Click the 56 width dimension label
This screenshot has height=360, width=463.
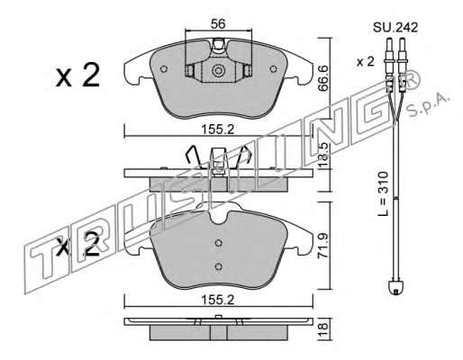coord(218,23)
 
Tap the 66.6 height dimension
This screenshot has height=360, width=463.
coord(322,79)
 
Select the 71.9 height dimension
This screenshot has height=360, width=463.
coord(322,246)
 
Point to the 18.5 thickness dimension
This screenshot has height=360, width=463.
coord(322,156)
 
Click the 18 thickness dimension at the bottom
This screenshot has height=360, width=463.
coord(322,329)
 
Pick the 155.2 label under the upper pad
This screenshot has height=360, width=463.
coord(218,130)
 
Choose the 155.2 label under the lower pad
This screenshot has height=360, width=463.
coord(218,300)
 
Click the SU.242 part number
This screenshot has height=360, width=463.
coord(395,28)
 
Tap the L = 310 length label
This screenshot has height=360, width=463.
coord(383,193)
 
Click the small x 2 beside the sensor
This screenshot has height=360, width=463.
coord(366,62)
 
